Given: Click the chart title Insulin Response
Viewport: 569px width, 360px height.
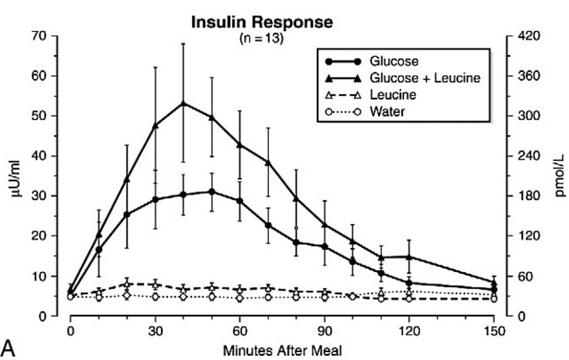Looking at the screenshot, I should (262, 23).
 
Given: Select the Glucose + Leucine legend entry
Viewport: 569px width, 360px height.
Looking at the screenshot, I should (425, 78).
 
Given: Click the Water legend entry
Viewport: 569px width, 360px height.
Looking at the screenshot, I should (387, 111).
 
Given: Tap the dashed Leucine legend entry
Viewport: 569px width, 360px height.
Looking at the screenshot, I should (392, 94).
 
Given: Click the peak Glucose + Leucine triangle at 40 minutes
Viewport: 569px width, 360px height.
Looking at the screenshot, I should (183, 103).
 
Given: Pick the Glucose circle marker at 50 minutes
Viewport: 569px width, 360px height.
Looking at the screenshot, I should (212, 192).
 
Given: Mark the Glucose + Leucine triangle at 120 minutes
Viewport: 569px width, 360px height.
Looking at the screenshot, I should (410, 257).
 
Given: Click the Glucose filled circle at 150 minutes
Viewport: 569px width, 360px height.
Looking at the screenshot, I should (494, 289).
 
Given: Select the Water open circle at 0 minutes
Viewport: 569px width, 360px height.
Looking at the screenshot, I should (71, 297).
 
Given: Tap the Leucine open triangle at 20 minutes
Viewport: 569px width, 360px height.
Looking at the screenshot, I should (127, 284).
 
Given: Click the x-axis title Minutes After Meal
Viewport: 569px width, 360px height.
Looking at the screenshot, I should (282, 351).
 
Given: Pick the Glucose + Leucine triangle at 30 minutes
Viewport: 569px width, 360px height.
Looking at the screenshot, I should (155, 125).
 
